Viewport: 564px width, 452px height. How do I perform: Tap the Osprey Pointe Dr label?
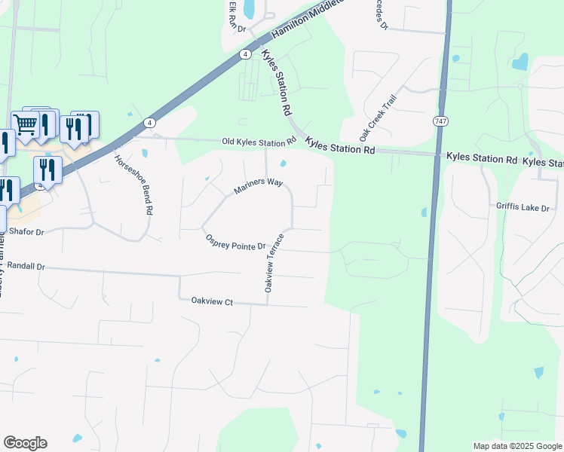(x=236, y=243)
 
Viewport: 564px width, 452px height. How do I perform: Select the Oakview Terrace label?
(x=274, y=263)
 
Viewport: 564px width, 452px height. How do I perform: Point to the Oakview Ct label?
(x=213, y=302)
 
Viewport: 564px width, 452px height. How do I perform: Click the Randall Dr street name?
(x=26, y=267)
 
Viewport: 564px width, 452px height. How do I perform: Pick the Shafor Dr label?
(x=25, y=232)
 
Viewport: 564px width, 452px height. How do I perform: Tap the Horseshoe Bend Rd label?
(x=133, y=185)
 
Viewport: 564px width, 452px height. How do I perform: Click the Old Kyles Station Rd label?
(x=259, y=142)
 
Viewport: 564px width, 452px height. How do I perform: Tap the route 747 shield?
(x=440, y=121)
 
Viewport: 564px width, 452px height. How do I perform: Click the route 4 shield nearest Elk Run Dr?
(x=246, y=54)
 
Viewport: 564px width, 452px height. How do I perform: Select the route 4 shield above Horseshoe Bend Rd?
(x=150, y=122)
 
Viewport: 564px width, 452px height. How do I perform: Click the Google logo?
(x=25, y=443)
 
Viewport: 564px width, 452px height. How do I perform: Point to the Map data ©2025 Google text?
(x=516, y=446)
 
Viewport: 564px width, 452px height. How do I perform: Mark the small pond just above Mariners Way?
(x=283, y=163)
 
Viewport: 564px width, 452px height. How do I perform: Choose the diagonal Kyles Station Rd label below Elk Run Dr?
(x=277, y=82)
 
